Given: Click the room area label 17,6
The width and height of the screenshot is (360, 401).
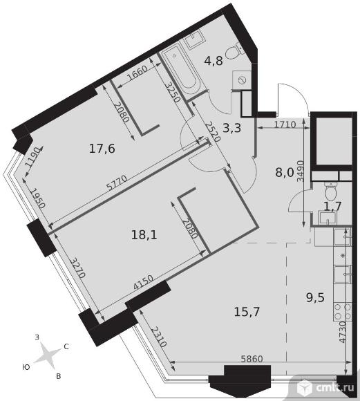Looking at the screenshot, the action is point(102,149).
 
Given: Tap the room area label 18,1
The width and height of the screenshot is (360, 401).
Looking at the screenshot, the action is point(144,234).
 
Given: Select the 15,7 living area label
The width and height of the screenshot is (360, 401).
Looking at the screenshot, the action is point(247,312).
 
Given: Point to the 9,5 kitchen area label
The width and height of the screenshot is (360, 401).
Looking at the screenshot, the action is point(316,297).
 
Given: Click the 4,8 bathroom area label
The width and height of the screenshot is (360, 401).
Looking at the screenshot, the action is point(214,61).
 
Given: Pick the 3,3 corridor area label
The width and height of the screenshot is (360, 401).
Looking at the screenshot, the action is point(232,128).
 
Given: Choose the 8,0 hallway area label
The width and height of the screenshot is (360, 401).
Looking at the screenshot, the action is point(285,173).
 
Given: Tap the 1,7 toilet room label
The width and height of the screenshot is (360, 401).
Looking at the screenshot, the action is point(332,207).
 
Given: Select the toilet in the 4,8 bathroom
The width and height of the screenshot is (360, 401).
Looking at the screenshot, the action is point(233,52).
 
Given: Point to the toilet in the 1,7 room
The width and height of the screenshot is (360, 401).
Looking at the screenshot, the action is point(330,191).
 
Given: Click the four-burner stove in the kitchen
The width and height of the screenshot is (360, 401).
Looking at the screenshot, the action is point(343,311).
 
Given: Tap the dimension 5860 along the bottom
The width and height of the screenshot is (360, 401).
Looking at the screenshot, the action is point(252,359).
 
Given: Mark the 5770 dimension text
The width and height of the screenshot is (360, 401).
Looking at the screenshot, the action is point(117,183).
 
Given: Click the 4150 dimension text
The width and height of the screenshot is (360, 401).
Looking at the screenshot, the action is point(144,283).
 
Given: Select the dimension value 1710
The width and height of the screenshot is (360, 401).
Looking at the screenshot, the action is point(285,124).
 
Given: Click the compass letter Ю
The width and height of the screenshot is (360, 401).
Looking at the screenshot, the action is point(26,367).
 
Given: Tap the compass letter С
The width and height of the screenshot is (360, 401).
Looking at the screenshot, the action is point(66,346).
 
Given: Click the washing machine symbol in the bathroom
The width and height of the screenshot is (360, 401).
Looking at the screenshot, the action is point(241,80).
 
